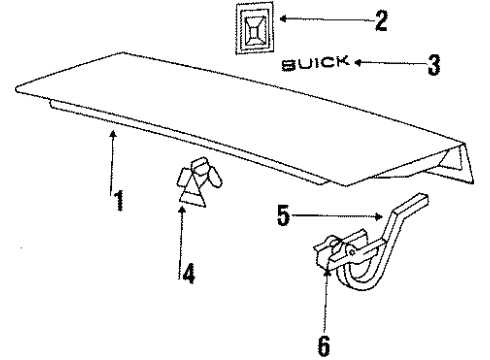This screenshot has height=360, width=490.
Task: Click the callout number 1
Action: pyautogui.click(x=119, y=201)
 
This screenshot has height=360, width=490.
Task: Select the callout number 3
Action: pyautogui.click(x=433, y=66)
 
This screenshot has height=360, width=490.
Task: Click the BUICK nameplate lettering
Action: pyautogui.click(x=315, y=66)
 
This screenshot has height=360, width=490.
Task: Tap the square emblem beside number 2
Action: pyautogui.click(x=253, y=28)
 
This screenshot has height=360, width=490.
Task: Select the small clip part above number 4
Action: pyautogui.click(x=198, y=184)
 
